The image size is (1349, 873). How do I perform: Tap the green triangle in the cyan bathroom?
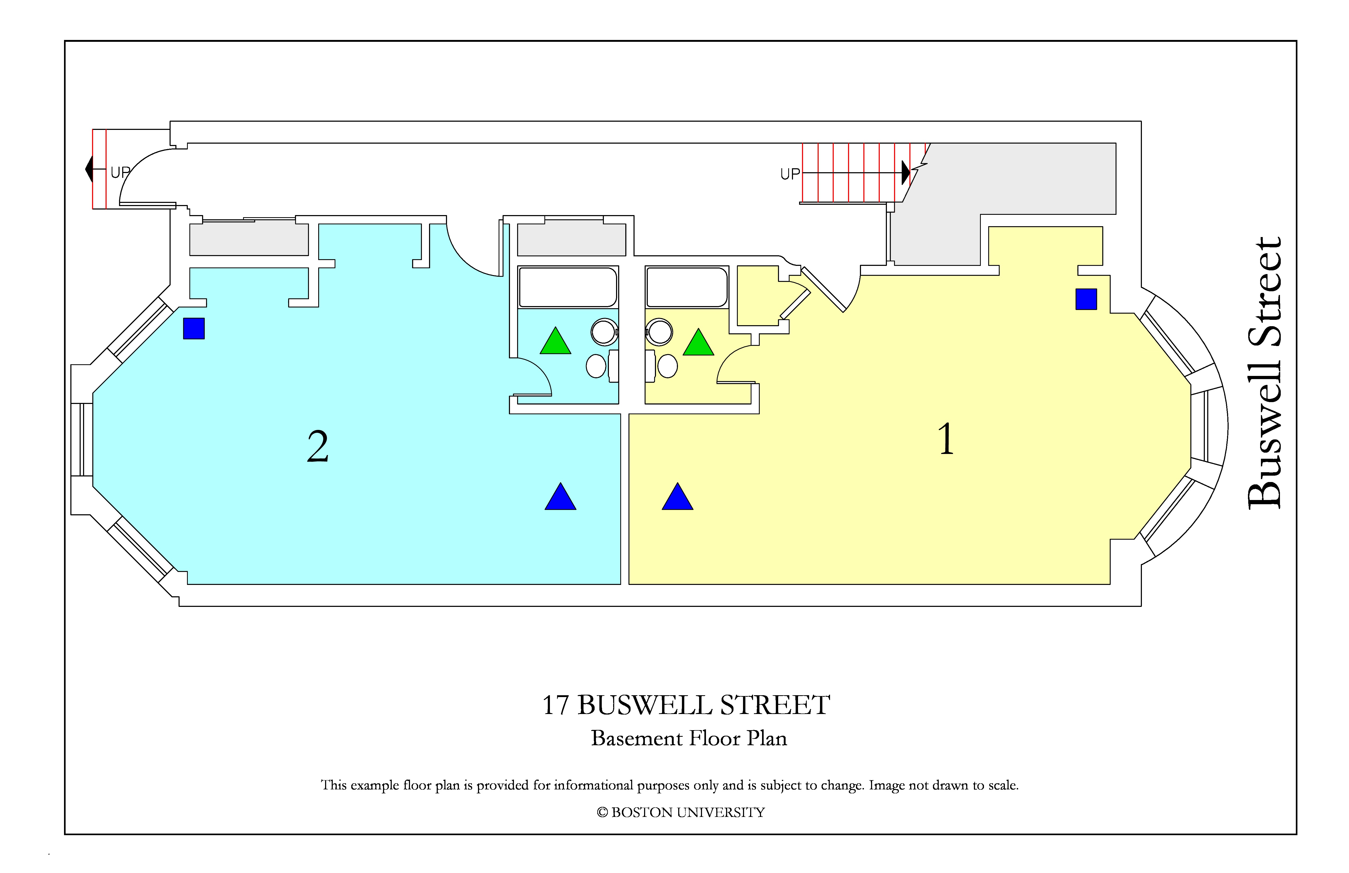click(x=555, y=341)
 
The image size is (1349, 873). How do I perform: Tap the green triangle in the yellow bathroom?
click(x=698, y=342)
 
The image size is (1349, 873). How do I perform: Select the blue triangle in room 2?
click(x=560, y=497)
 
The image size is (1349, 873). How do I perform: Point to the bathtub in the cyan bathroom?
click(x=568, y=287)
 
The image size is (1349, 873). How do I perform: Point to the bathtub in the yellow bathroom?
click(x=687, y=287)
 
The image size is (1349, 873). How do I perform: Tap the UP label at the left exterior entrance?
click(x=120, y=172)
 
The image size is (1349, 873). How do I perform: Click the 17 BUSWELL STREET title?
click(x=686, y=705)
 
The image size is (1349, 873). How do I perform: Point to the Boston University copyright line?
click(x=681, y=812)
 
